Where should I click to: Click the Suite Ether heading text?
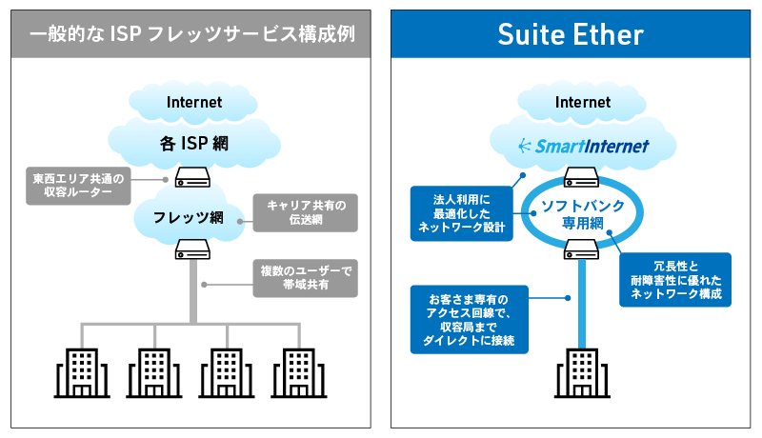pyautogui.click(x=571, y=36)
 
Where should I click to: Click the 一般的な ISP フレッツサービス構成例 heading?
pyautogui.click(x=191, y=36)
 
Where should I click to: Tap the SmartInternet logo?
pyautogui.click(x=580, y=146)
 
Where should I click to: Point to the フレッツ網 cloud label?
pyautogui.click(x=192, y=217)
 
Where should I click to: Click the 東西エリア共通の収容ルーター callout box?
pyautogui.click(x=78, y=186)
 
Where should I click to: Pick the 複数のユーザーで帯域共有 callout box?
pyautogui.click(x=306, y=277)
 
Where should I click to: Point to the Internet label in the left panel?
pyautogui.click(x=193, y=102)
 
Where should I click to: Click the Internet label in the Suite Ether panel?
pyautogui.click(x=581, y=102)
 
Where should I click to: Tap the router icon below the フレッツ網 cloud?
pyautogui.click(x=193, y=249)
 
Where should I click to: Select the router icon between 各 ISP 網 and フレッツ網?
pyautogui.click(x=193, y=177)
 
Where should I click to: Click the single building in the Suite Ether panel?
pyautogui.click(x=580, y=372)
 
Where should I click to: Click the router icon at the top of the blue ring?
pyautogui.click(x=580, y=177)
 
